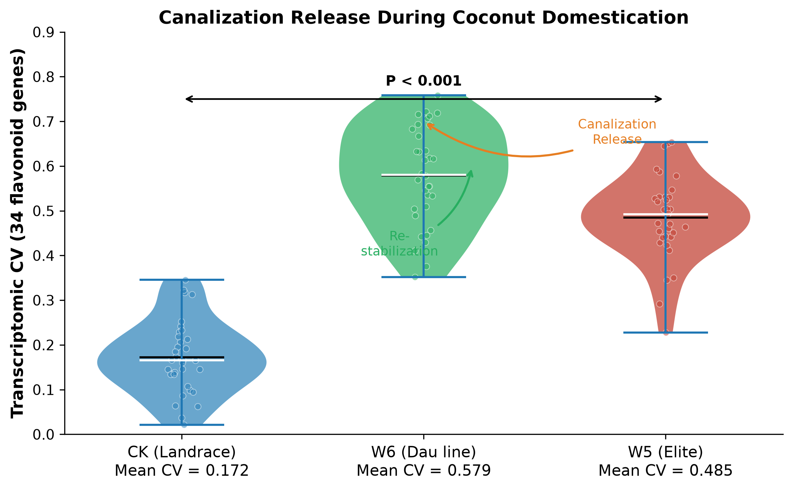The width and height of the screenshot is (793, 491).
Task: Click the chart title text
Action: (424, 18)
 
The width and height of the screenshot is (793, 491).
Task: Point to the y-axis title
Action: (17, 233)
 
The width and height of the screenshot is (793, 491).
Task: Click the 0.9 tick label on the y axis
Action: (43, 32)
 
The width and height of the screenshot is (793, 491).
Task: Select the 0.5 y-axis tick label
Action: (43, 211)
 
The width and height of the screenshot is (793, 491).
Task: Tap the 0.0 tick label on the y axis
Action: (43, 435)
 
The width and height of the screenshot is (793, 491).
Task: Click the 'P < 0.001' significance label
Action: (424, 81)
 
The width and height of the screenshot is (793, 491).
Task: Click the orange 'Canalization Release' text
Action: (617, 132)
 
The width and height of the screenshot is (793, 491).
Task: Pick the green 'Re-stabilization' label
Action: (400, 244)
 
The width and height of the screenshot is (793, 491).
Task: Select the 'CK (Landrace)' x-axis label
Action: (182, 452)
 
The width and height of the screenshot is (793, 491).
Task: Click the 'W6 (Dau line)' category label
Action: (424, 452)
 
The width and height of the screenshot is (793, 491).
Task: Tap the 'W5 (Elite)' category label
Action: (666, 452)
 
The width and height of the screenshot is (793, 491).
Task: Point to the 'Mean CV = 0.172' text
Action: (182, 471)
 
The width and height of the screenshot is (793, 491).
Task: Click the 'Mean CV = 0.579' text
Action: (424, 471)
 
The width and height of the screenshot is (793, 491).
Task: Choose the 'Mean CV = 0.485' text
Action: (666, 471)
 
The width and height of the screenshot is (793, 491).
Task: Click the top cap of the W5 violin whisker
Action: (666, 142)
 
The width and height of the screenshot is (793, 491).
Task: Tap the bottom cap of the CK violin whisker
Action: (182, 425)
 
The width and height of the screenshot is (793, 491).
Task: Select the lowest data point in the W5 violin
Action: (666, 333)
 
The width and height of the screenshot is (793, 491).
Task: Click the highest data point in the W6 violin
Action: (438, 95)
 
